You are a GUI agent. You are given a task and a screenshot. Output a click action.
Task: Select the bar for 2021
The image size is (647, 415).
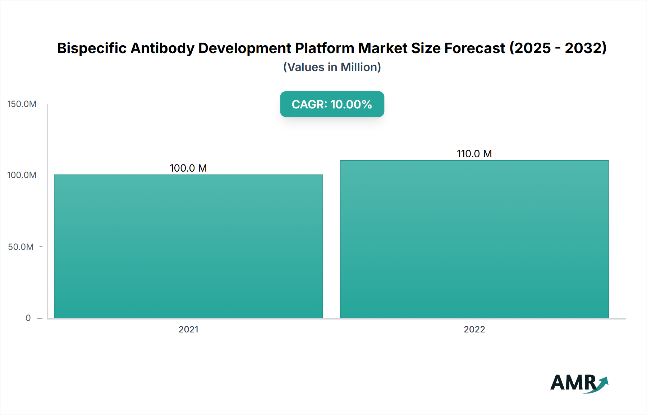188,246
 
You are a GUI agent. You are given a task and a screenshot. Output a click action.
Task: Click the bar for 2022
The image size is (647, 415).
474,239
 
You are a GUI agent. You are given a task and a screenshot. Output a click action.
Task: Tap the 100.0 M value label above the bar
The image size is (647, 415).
188,168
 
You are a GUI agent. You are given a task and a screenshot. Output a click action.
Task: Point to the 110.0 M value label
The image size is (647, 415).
474,154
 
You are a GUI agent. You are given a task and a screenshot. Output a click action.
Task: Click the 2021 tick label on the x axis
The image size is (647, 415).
188,329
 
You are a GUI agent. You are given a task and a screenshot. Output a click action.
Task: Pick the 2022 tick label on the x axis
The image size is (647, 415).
474,329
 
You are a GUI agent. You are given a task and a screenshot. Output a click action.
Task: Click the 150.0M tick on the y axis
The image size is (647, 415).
22,104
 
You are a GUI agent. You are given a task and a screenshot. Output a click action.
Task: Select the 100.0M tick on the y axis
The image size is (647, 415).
22,175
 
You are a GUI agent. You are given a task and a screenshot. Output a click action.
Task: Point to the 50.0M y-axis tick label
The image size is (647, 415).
21,247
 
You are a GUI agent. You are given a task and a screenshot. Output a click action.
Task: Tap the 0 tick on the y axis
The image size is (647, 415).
28,318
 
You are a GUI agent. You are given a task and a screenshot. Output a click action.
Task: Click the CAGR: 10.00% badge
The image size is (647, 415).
332,104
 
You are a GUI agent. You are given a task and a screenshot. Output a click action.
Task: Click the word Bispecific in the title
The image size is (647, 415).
92,48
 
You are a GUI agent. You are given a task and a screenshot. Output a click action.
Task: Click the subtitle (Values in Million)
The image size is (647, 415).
332,67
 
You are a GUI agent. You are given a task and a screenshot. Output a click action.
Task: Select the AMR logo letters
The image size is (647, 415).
573,383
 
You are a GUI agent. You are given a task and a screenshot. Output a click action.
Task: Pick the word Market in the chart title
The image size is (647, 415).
383,48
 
